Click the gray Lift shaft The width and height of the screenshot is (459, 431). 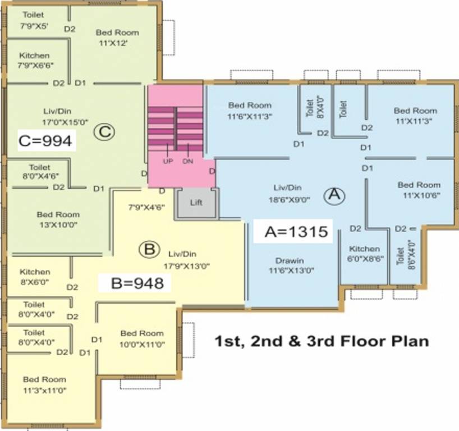click(x=196, y=203)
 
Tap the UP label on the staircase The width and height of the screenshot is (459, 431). click(x=168, y=161)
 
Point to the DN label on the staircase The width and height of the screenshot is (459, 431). click(x=187, y=161)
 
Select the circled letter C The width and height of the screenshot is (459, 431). click(x=104, y=132)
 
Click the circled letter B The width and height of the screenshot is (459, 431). click(x=149, y=250)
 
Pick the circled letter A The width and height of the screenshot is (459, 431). click(x=334, y=195)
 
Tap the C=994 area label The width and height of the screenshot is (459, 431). click(x=45, y=140)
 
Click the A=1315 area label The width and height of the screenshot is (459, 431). click(x=296, y=231)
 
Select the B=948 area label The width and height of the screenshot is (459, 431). click(x=137, y=283)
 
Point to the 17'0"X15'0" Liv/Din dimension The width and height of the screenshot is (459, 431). click(x=65, y=122)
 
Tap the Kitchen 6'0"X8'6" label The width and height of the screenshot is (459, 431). click(x=365, y=254)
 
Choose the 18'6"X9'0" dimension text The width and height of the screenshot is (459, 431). click(x=289, y=200)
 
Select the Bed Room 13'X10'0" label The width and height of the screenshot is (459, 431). click(x=58, y=219)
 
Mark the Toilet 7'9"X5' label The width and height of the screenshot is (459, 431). click(x=34, y=20)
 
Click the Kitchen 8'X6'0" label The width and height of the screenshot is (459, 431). click(x=35, y=277)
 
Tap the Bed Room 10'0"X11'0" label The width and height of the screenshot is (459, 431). click(x=142, y=339)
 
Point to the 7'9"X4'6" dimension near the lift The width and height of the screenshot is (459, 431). click(x=146, y=207)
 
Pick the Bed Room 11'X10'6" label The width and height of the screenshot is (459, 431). click(x=419, y=190)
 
